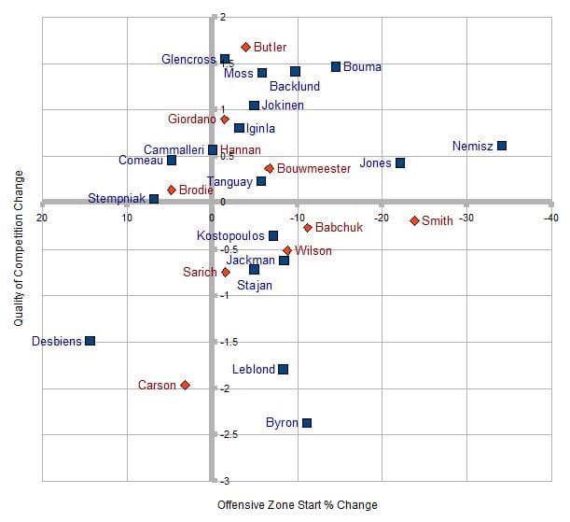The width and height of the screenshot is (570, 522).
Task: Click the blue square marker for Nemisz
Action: click(502, 146)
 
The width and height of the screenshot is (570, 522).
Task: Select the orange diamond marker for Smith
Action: click(414, 220)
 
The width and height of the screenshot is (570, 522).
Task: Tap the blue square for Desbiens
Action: click(90, 341)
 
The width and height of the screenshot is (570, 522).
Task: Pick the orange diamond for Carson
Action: click(186, 385)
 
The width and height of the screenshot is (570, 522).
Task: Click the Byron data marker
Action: click(307, 423)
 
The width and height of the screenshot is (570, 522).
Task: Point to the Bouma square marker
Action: click(336, 66)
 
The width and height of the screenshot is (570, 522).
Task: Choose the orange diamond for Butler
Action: click(245, 47)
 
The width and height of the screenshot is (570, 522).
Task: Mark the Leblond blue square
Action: click(283, 370)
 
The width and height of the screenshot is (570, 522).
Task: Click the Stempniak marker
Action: click(154, 199)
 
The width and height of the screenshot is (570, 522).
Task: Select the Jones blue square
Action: click(400, 162)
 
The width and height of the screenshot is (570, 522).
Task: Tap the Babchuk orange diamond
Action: click(307, 227)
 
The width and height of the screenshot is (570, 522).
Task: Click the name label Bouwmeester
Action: click(313, 169)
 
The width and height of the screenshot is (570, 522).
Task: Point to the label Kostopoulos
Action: click(230, 236)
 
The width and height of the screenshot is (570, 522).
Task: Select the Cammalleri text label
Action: click(174, 149)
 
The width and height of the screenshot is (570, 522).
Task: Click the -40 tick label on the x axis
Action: click(550, 218)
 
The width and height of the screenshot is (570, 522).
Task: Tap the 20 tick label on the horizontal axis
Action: click(42, 218)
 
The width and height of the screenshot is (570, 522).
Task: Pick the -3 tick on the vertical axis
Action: click(221, 481)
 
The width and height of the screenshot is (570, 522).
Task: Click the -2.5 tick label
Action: click(226, 434)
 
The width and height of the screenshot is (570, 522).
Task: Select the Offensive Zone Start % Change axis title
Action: click(297, 505)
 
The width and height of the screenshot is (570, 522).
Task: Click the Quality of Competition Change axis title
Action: click(19, 248)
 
